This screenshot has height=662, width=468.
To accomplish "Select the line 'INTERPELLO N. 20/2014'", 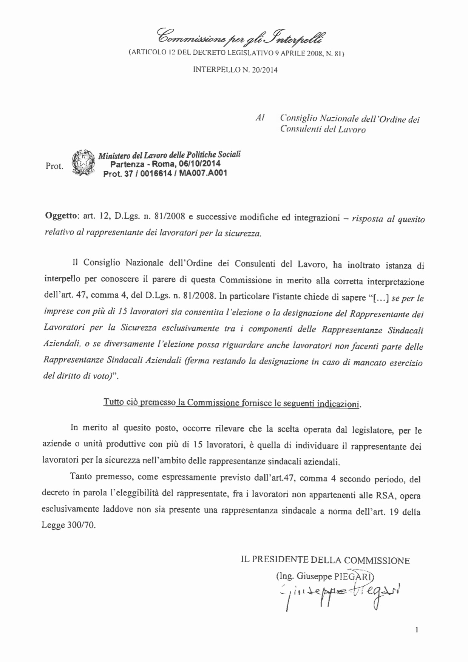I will pyautogui.click(x=235, y=70).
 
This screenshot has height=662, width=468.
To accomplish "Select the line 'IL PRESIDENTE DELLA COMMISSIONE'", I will pyautogui.click(x=325, y=560).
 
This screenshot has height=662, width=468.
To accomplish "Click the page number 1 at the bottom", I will pyautogui.click(x=417, y=630).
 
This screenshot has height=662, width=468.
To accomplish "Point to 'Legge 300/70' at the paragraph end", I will pyautogui.click(x=68, y=525).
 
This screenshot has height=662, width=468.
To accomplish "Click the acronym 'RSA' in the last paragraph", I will pyautogui.click(x=385, y=495).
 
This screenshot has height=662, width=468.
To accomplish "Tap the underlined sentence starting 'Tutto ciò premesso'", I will pyautogui.click(x=232, y=403).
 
